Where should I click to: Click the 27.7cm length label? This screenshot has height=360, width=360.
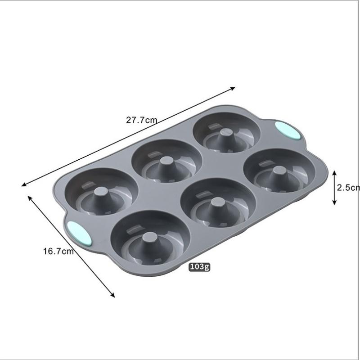[142, 120]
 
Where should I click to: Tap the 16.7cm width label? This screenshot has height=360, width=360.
[58, 251]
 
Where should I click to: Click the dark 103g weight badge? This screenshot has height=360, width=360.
[199, 267]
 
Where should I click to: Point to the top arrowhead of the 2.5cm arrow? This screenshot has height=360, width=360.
[334, 172]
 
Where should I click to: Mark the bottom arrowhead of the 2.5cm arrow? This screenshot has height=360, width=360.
[334, 203]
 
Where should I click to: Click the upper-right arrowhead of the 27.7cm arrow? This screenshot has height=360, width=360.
[233, 88]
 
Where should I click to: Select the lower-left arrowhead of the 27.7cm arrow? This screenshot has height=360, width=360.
[24, 184]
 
